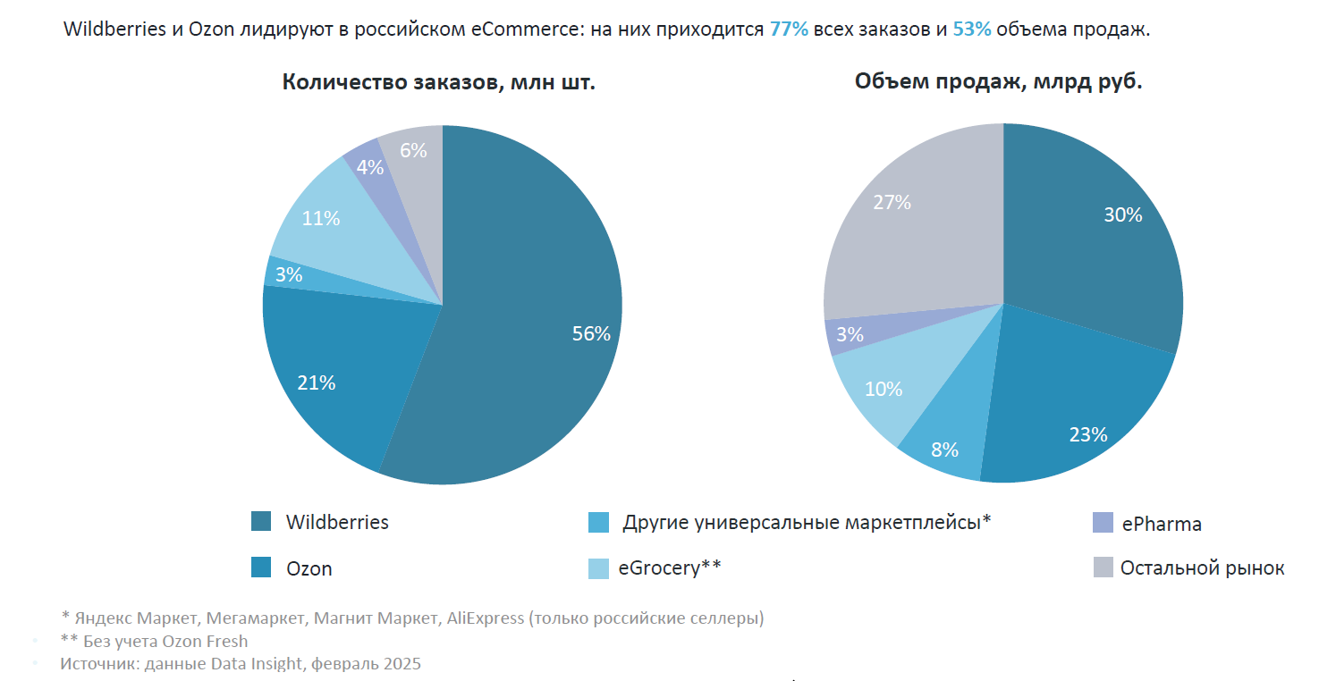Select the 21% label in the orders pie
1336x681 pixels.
317,383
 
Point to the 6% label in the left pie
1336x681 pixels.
413,151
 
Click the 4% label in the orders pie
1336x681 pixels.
369,167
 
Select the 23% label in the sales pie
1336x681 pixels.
1088,435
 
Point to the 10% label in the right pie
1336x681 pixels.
884,390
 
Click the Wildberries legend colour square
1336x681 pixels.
261,522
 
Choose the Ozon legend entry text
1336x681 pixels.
309,568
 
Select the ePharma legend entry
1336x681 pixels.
1162,524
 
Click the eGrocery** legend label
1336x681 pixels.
669,567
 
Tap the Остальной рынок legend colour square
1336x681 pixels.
1103,567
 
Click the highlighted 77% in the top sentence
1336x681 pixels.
789,29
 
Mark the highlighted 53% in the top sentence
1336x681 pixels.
972,29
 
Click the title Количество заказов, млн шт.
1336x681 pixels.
439,82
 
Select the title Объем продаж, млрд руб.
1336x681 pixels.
998,81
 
